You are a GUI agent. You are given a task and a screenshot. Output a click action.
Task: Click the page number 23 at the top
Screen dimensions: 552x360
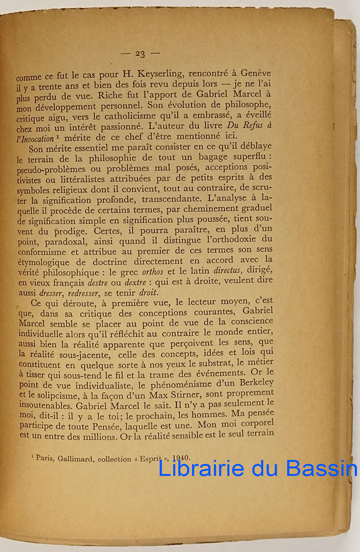click(x=140, y=54)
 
